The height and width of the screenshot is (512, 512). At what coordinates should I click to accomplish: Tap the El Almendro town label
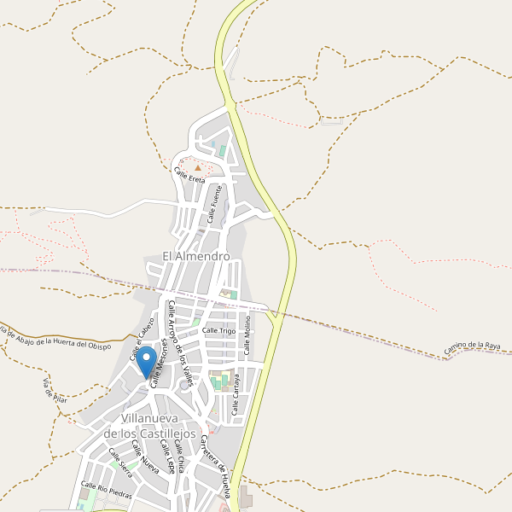click(196, 256)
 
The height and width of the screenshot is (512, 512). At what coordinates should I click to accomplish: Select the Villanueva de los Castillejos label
click(160, 426)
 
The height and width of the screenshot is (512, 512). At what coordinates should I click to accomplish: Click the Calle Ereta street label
click(189, 176)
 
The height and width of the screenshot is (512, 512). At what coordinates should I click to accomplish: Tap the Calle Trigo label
click(218, 330)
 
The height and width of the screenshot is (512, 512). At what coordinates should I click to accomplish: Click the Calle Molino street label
click(247, 339)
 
